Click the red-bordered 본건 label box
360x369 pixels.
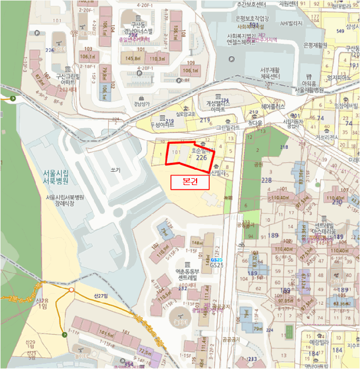coord(190,182)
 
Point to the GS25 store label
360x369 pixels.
coord(216,265)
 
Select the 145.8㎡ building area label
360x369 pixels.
coord(131,59)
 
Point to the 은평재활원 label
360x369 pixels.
coord(318,45)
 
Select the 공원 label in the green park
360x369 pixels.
coord(258,164)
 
